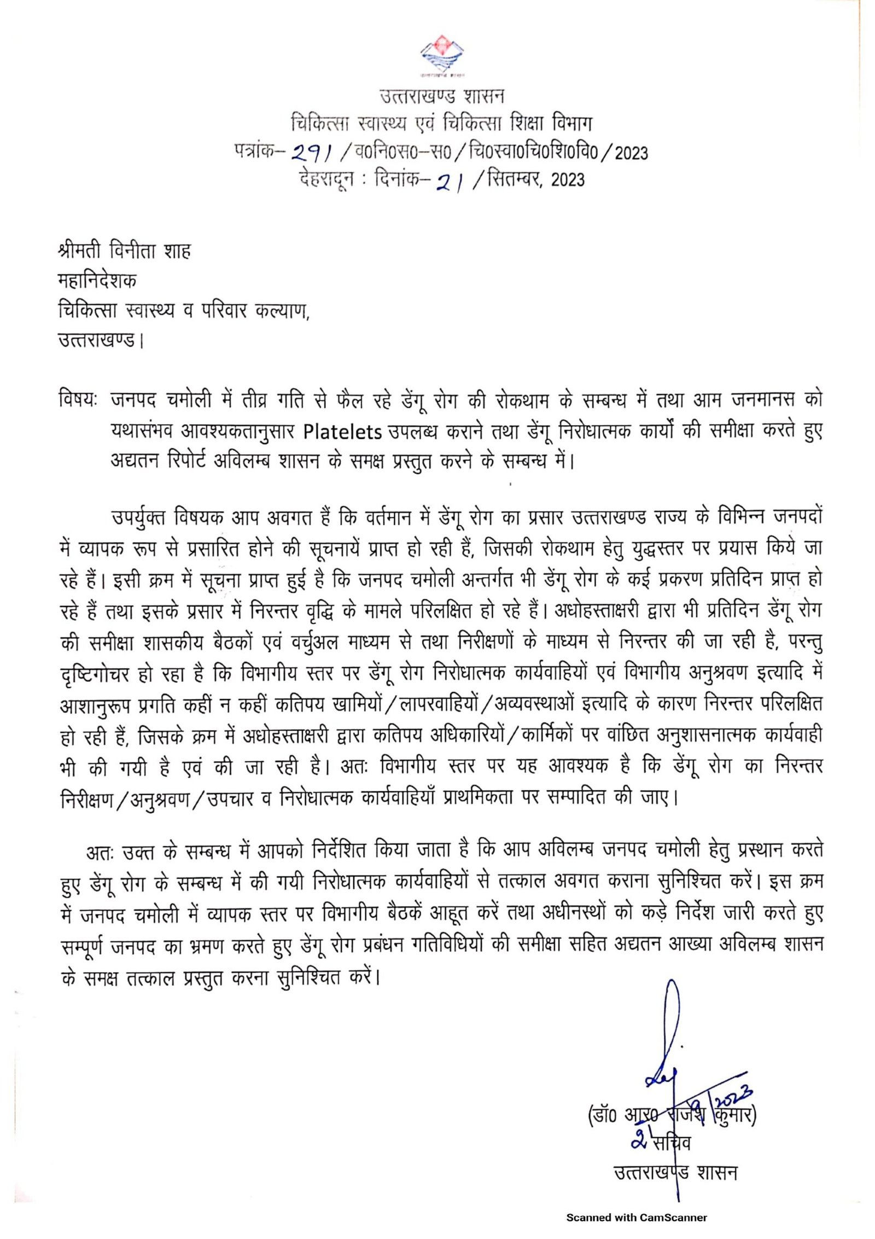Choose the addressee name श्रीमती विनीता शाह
click(125, 251)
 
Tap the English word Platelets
click(342, 432)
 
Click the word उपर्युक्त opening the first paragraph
click(138, 517)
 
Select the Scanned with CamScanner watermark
click(637, 1218)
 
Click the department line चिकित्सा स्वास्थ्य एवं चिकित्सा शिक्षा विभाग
click(442, 124)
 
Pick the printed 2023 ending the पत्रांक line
click(632, 153)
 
